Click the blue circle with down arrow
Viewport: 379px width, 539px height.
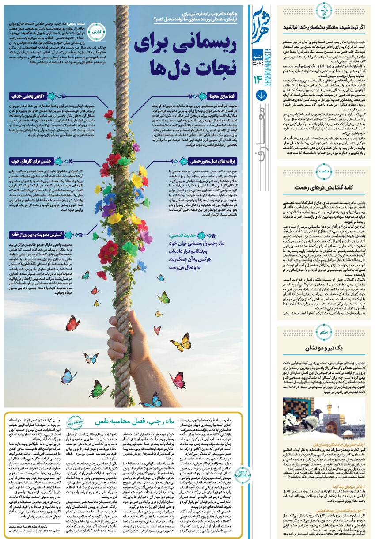[x=261, y=95]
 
